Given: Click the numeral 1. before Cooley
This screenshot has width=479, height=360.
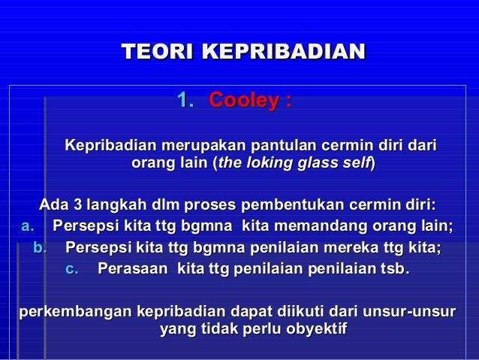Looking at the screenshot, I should (184, 100).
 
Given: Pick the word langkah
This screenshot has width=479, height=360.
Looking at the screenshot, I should (113, 205).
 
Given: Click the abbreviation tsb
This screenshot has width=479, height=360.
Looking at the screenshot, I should (394, 268).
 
